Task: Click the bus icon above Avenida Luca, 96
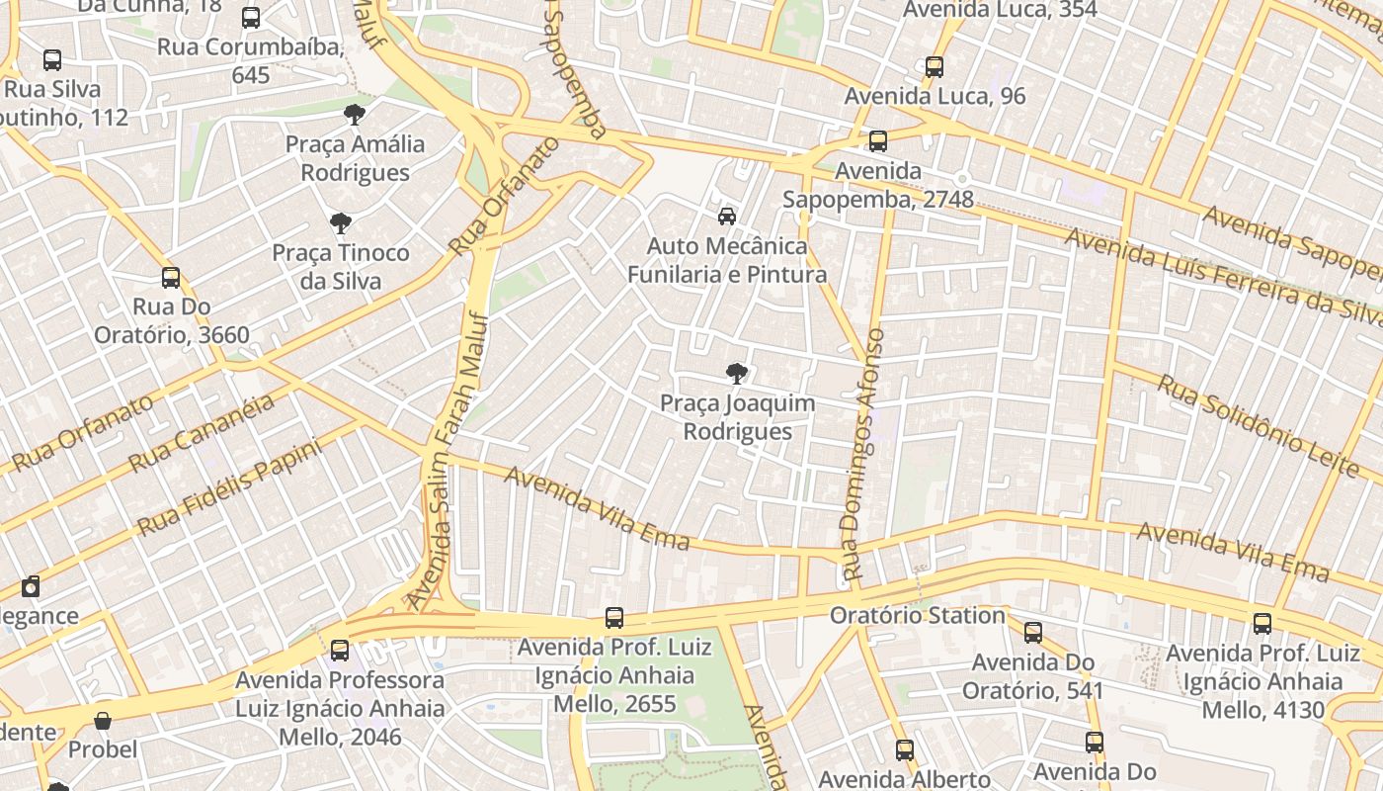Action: pyautogui.click(x=934, y=67)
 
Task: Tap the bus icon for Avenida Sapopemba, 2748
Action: pyautogui.click(x=877, y=141)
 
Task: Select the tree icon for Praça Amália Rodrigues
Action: pyautogui.click(x=355, y=115)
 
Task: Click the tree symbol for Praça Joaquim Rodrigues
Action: pyautogui.click(x=736, y=374)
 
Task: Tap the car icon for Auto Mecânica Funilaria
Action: pyautogui.click(x=727, y=217)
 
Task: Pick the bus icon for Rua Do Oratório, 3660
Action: pyautogui.click(x=171, y=278)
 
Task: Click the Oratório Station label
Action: pyautogui.click(x=917, y=615)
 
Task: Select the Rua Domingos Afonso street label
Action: pyautogui.click(x=862, y=455)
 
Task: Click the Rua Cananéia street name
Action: pyautogui.click(x=202, y=434)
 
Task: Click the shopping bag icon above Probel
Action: pyautogui.click(x=103, y=721)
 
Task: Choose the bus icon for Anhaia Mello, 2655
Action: pyautogui.click(x=614, y=618)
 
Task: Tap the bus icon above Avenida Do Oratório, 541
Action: pyautogui.click(x=1032, y=633)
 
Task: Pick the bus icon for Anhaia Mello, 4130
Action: pyautogui.click(x=1261, y=624)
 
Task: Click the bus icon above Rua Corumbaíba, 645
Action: pyautogui.click(x=251, y=18)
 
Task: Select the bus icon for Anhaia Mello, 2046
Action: pyautogui.click(x=340, y=651)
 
